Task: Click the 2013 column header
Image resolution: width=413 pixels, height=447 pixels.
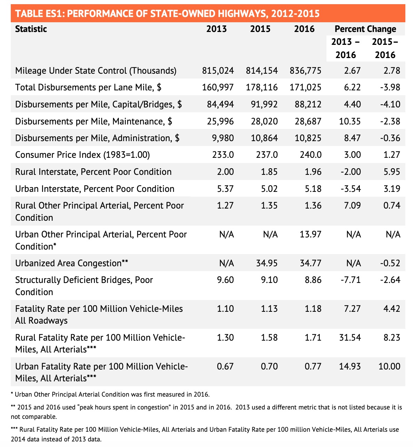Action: click(x=216, y=29)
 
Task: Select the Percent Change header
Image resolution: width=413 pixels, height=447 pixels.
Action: click(x=365, y=29)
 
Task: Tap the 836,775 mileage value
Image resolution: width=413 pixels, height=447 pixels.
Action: click(x=305, y=71)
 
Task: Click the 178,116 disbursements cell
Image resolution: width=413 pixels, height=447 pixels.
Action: click(x=261, y=87)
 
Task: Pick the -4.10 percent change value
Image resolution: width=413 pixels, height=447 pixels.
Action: click(x=390, y=104)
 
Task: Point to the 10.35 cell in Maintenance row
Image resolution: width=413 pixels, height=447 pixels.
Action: click(x=349, y=121)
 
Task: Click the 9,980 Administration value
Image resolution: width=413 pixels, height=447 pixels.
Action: click(x=223, y=138)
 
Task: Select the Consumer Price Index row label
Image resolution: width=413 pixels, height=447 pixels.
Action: click(x=82, y=155)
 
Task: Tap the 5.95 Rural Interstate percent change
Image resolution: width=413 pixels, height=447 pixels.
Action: click(x=391, y=172)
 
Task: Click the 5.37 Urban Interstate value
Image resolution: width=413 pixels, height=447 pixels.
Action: click(x=225, y=189)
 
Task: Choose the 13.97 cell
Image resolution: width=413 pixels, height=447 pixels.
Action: click(x=310, y=234)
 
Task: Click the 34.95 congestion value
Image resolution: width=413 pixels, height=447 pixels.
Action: click(x=267, y=263)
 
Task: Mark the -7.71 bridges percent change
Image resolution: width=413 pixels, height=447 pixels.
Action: click(x=350, y=280)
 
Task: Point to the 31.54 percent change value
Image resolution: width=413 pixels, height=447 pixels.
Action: click(x=350, y=338)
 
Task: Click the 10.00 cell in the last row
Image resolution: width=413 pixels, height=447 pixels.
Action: click(x=389, y=366)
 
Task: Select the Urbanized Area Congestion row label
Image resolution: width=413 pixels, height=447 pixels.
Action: click(x=71, y=263)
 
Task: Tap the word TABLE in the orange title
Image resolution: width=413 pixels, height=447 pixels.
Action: click(x=29, y=14)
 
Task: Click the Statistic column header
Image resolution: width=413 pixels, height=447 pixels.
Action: click(x=31, y=29)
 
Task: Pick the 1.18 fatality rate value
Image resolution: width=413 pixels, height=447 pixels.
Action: click(x=313, y=309)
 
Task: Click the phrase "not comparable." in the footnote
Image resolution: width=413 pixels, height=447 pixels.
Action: click(x=34, y=417)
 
